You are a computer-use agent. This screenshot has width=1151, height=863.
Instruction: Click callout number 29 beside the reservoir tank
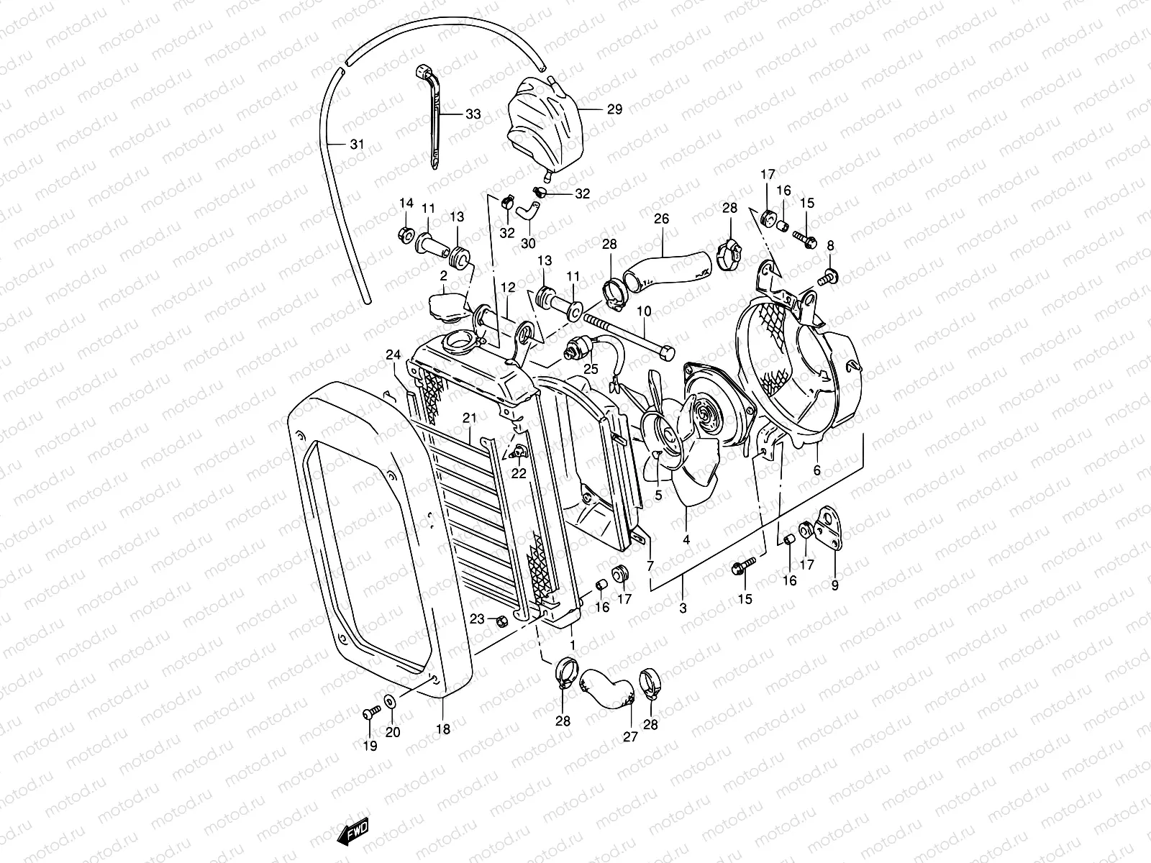click(614, 109)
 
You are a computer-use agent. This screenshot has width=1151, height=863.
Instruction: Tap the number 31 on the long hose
click(357, 145)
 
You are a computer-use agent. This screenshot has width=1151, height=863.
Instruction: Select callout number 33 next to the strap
click(473, 114)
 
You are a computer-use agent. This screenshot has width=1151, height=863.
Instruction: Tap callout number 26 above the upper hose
click(661, 218)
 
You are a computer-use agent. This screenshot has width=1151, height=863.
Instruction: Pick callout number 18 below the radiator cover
click(443, 729)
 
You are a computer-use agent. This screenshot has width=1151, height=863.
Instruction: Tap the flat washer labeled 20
click(389, 702)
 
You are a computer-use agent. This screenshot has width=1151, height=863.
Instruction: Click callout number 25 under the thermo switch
click(591, 369)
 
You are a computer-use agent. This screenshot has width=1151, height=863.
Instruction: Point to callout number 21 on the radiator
click(470, 418)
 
